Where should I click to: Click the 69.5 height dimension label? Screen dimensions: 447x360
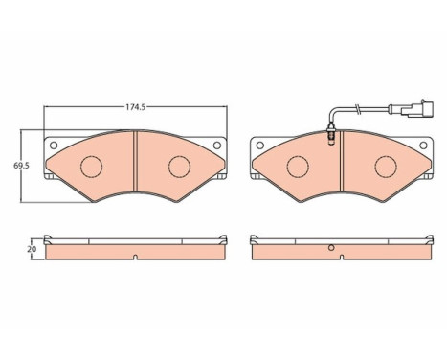point(21,166)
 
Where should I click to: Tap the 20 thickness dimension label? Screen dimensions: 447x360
point(32,249)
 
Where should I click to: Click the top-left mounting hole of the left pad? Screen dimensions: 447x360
point(54,146)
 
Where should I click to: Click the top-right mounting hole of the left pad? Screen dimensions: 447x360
point(217,146)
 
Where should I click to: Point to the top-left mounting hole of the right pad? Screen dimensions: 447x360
point(260,146)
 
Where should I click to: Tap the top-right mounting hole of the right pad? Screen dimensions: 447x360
point(423,146)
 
